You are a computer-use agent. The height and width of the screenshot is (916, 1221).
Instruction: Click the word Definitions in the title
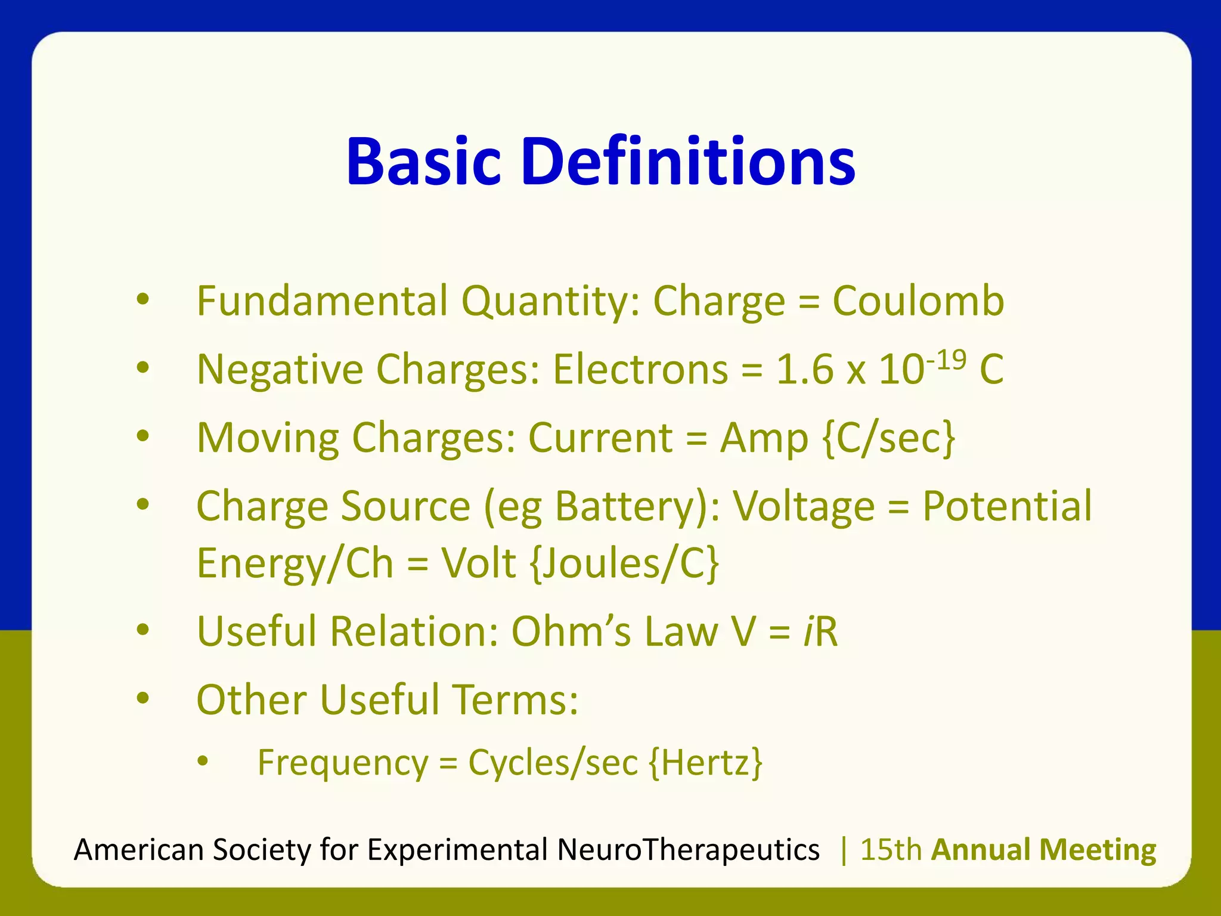(688, 162)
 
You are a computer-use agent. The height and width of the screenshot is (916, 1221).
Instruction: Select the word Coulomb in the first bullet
(918, 301)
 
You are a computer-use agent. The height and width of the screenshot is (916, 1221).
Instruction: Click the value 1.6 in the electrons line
(804, 369)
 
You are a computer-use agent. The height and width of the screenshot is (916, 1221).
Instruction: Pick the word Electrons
(640, 369)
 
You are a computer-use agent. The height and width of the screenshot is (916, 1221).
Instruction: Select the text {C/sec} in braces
(888, 438)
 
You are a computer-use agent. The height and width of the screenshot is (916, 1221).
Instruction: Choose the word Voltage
(803, 507)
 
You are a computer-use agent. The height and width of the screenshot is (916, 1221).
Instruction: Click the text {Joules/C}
(624, 564)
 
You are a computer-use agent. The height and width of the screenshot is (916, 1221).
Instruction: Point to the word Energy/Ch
(295, 564)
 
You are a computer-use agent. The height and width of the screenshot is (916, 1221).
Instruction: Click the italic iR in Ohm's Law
(821, 632)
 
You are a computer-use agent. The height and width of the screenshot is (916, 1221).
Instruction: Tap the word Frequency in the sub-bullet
(343, 763)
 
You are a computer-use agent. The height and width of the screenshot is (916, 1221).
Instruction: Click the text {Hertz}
(705, 763)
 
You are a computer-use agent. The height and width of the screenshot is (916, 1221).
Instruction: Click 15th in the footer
(891, 850)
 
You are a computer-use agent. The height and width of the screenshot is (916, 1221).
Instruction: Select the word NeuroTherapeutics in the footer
(688, 850)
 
